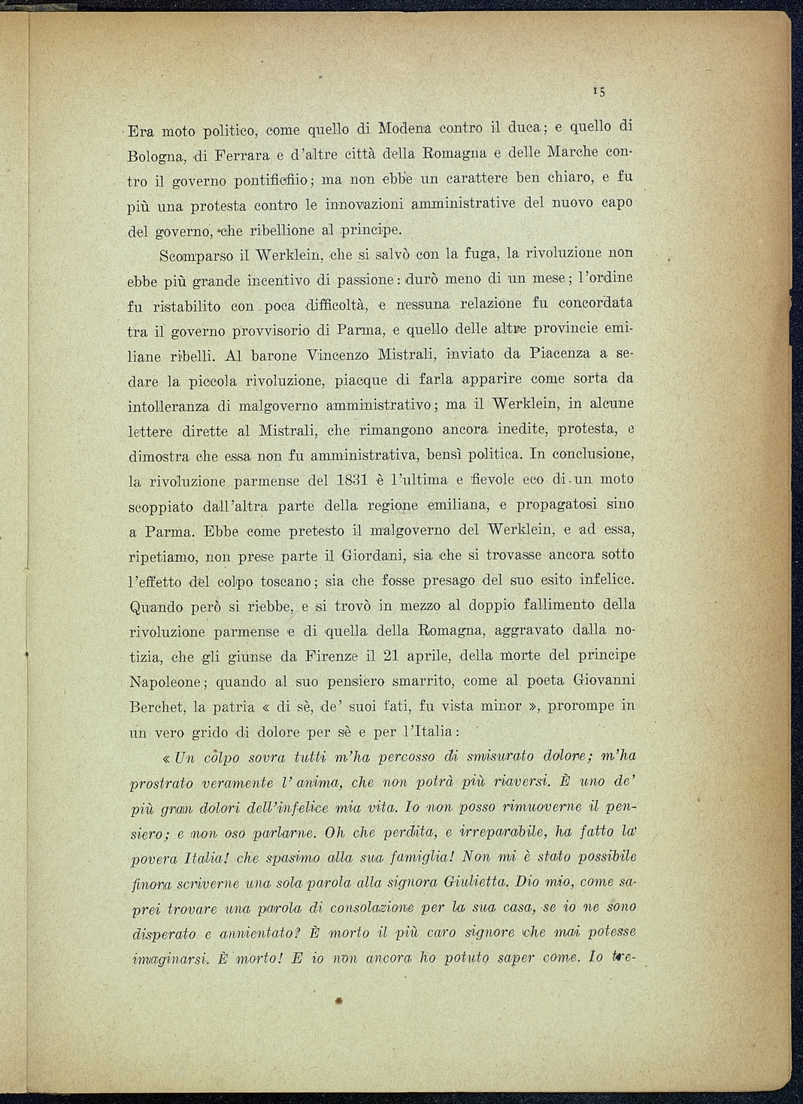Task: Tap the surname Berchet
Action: [158, 707]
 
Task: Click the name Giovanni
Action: [605, 680]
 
